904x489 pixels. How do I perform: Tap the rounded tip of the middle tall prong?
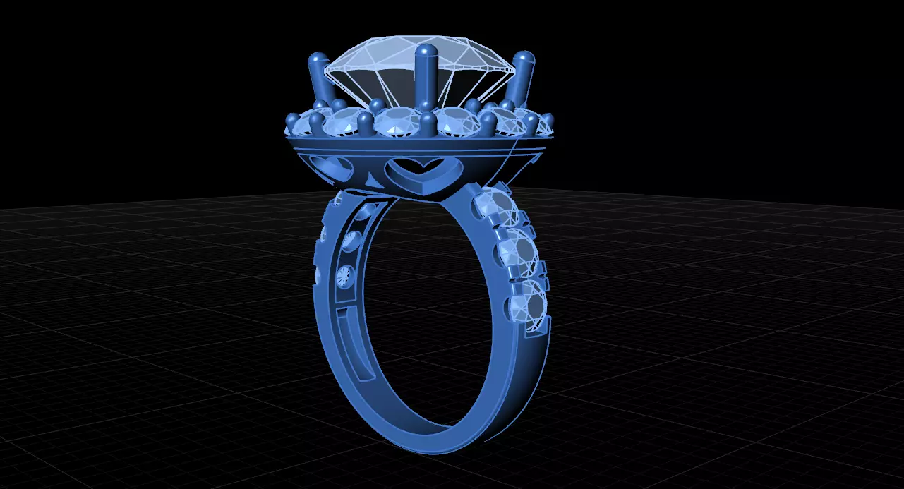point(426,52)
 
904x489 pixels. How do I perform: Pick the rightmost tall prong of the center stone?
point(522,78)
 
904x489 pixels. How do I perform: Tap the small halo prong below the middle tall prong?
point(428,124)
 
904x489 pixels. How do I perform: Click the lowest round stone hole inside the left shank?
point(341,276)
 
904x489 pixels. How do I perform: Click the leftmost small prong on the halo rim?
point(290,122)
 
